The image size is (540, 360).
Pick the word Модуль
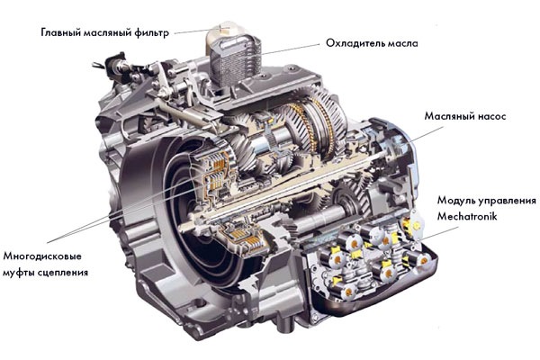click(x=454, y=200)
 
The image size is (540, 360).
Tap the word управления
click(x=505, y=201)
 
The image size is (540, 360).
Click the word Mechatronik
click(x=467, y=216)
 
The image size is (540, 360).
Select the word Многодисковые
click(x=42, y=256)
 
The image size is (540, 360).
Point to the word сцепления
click(x=61, y=273)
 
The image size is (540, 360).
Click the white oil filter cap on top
click(x=224, y=34)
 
